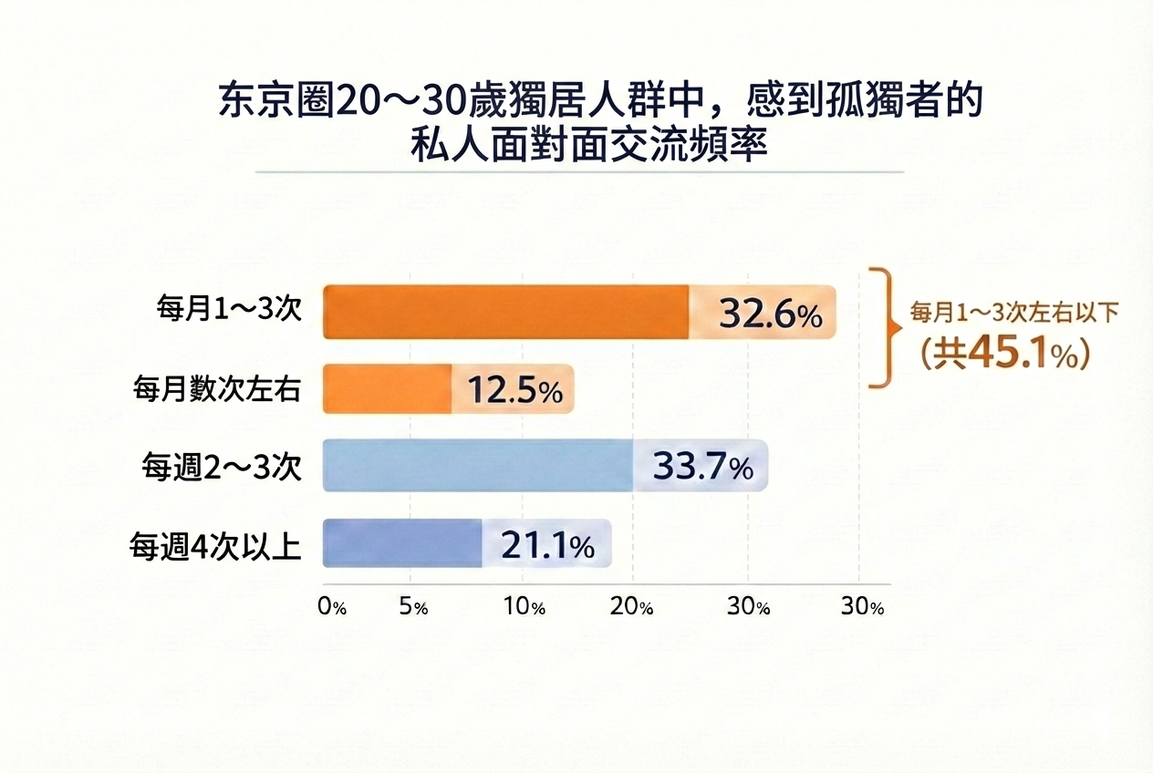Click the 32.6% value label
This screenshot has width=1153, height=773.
pos(771,314)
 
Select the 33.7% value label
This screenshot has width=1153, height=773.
pos(702,467)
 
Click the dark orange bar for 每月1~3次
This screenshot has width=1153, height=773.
pos(506,313)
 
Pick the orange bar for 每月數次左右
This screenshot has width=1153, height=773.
pos(388,389)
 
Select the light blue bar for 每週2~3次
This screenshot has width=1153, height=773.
pos(478,466)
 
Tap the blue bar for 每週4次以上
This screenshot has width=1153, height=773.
pos(402,543)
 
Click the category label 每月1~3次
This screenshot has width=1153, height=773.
pos(229,310)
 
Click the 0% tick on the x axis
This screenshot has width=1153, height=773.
pos(332,608)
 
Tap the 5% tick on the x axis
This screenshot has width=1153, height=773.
pos(414,608)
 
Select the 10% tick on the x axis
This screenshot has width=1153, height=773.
pos(525,608)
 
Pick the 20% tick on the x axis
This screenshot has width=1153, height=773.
pos(633,608)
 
